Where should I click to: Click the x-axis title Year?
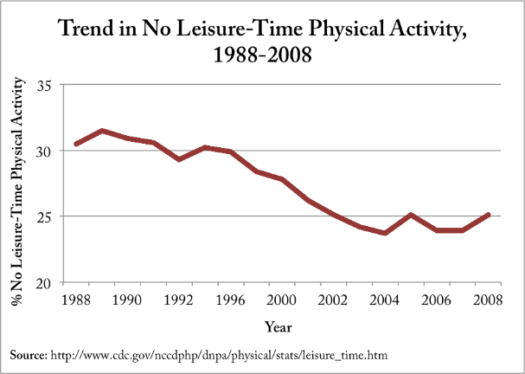coord(279,327)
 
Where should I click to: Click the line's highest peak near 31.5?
coord(102,131)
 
